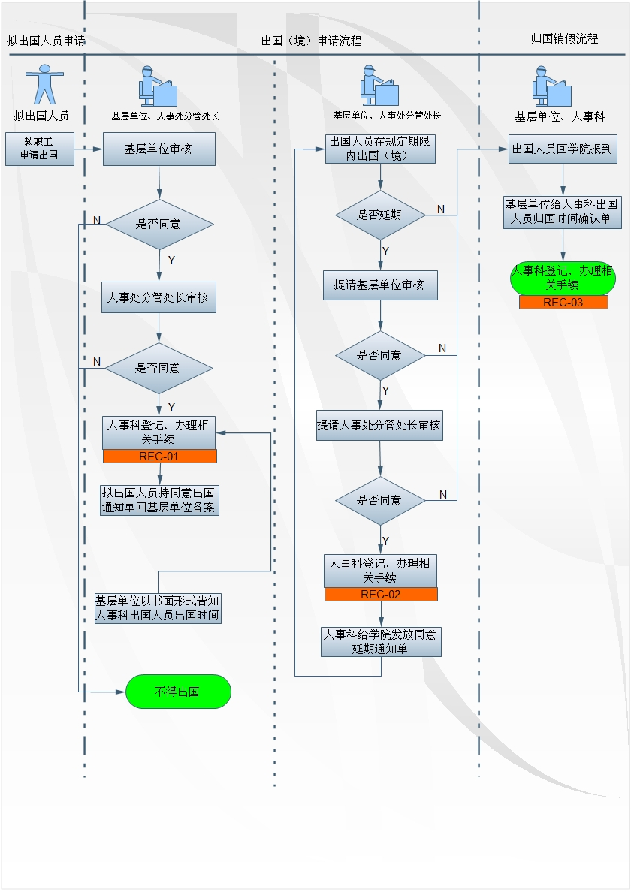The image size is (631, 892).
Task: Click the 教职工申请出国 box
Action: (x=40, y=149)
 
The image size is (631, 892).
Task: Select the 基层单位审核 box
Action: (x=159, y=149)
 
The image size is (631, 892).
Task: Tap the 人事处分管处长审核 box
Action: (x=159, y=297)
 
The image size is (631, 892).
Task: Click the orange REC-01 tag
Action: (x=160, y=457)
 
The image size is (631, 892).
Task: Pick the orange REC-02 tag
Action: (x=381, y=595)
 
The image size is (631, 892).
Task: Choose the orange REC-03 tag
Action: (x=563, y=302)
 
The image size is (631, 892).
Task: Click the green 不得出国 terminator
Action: (x=178, y=692)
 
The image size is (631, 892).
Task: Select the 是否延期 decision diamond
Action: (x=381, y=215)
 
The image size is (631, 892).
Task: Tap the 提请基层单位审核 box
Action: (x=380, y=285)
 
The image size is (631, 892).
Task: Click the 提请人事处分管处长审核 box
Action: (x=379, y=425)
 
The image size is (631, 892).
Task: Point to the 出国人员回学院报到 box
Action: (x=563, y=149)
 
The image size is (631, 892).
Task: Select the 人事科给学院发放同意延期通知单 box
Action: (x=381, y=642)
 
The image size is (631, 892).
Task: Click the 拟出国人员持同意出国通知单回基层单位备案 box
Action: (x=159, y=500)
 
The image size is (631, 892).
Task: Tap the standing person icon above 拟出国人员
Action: (x=44, y=84)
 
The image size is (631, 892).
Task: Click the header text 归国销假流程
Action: (x=564, y=39)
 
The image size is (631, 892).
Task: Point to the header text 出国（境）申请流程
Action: (x=311, y=41)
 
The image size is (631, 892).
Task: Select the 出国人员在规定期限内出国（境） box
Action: (x=380, y=149)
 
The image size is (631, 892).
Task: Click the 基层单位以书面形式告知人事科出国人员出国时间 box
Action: (x=158, y=608)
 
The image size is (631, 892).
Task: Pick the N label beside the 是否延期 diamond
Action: (x=441, y=209)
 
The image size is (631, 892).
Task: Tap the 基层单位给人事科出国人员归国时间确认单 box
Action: (x=562, y=212)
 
